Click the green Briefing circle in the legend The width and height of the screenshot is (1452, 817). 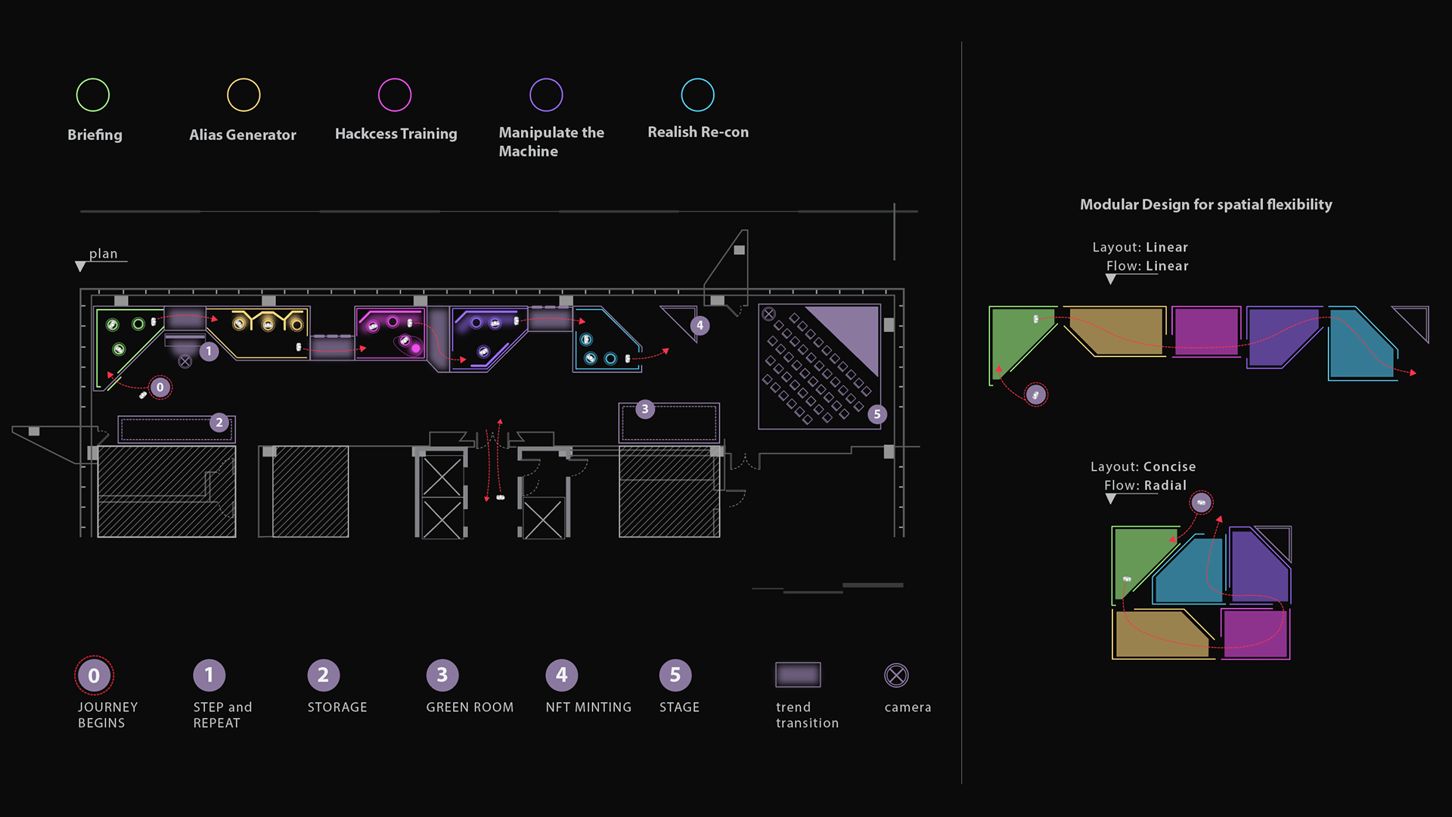coord(93,95)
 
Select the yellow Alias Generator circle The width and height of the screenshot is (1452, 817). coord(244,95)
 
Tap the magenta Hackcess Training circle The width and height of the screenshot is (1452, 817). coord(395,95)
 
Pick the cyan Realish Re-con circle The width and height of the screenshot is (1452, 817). coord(697,95)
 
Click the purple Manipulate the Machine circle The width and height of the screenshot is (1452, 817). coord(546,95)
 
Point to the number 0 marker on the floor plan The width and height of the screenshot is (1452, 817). coord(160,388)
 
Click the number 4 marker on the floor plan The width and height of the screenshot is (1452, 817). coord(700,326)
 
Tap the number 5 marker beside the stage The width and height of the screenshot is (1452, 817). coord(877,414)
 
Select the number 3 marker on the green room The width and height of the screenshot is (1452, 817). coord(644,410)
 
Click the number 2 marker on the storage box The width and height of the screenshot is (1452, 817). coord(219,422)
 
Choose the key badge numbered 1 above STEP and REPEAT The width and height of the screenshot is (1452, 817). coord(209,675)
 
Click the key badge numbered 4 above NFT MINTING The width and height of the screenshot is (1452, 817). coord(561,675)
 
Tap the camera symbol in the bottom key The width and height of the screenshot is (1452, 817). coord(896,676)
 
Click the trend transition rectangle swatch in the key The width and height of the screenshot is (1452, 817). coord(798,675)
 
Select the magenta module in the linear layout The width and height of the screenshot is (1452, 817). coord(1206,331)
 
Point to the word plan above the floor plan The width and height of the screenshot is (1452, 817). coord(104,254)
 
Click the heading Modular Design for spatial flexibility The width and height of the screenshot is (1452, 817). coord(1205,205)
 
